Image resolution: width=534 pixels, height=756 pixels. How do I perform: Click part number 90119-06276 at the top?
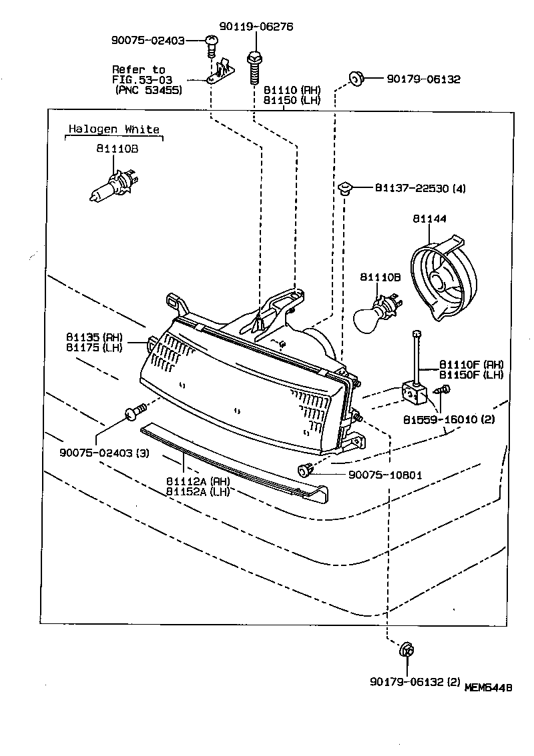256,27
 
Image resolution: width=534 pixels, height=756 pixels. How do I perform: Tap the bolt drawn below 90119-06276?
254,64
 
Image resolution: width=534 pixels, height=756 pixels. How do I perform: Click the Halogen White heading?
114,129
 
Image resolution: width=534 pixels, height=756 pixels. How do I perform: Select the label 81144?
429,218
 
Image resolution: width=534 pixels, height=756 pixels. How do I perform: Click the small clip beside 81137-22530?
345,187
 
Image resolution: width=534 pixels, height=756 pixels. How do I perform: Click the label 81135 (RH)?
94,338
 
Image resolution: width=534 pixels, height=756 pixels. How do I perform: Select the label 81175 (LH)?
94,347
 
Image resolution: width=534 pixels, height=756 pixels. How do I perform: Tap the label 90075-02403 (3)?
103,453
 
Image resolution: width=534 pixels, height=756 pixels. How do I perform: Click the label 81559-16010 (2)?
449,420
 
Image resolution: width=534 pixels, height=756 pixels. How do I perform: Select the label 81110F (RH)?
471,365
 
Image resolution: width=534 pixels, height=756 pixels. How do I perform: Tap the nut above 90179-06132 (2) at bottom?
406,650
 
